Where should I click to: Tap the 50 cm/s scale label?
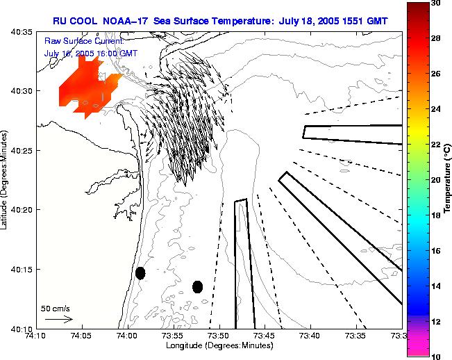56,308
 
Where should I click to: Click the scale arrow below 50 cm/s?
59,320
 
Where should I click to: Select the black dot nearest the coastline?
140,272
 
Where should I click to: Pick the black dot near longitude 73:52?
198,286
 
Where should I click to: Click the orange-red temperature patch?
83,87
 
